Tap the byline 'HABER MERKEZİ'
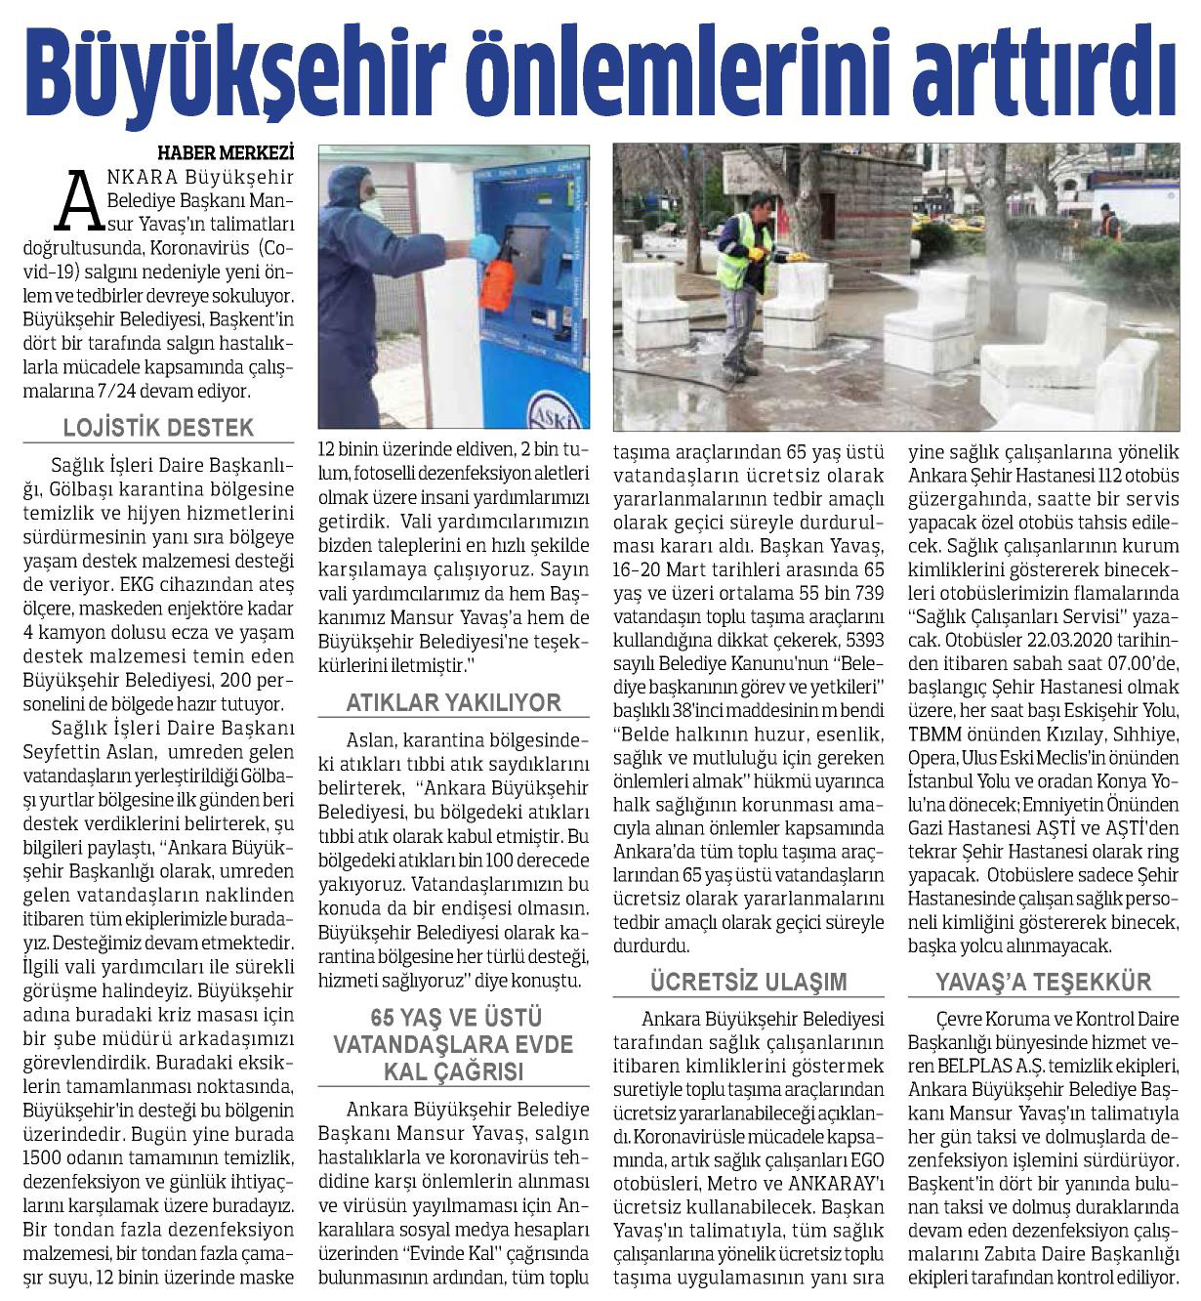(226, 152)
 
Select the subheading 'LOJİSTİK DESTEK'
(158, 428)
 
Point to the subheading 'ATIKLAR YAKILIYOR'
(454, 702)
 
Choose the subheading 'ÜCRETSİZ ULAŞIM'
(749, 981)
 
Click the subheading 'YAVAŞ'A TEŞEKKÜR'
(1043, 982)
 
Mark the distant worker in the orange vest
(1109, 224)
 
